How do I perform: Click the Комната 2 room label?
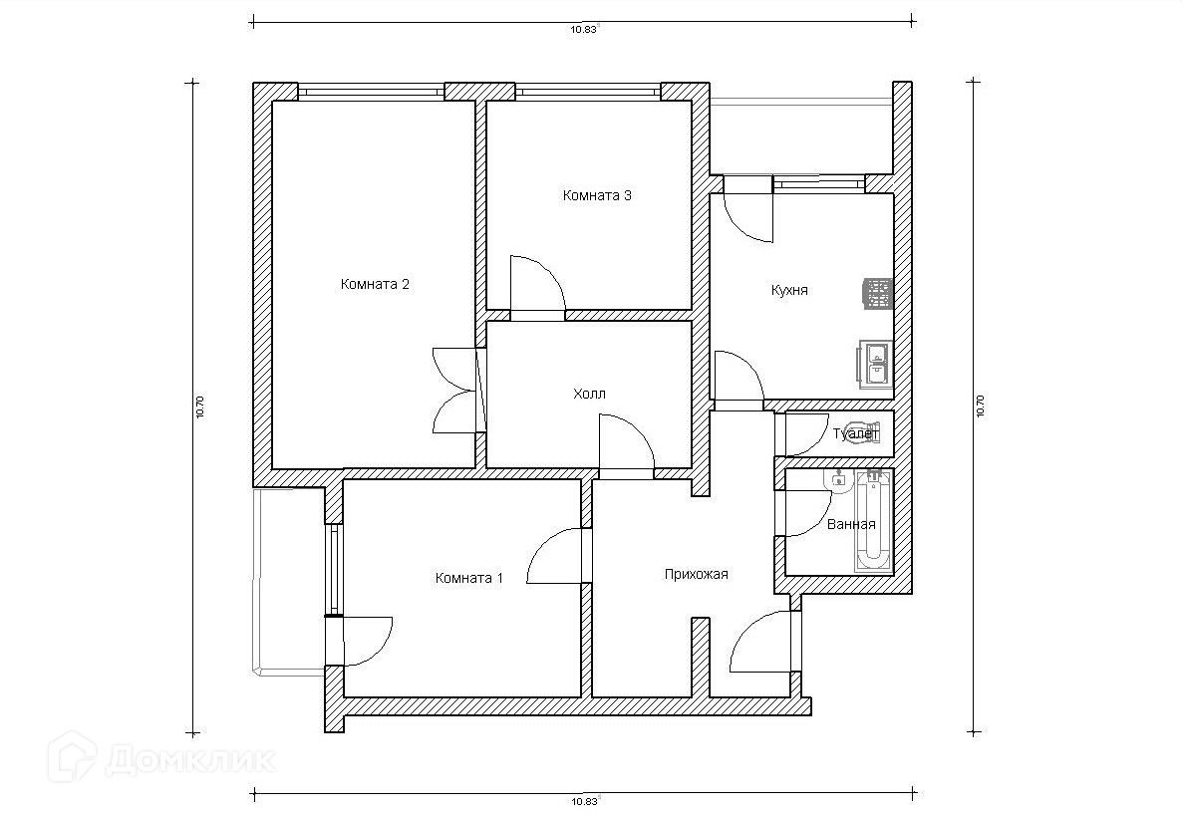[375, 284]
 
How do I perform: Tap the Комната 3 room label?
[597, 195]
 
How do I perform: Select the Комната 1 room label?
[468, 579]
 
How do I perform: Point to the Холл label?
[589, 394]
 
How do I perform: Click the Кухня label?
[789, 290]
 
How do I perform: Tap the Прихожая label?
[697, 575]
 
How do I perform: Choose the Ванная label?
[851, 525]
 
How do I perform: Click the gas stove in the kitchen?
[878, 294]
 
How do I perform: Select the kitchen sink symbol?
[875, 364]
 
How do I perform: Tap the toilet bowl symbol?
[864, 432]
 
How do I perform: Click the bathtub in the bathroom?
[874, 521]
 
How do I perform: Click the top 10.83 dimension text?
[584, 30]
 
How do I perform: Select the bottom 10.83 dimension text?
[584, 802]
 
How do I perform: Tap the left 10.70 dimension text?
[200, 408]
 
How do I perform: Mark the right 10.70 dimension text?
[980, 408]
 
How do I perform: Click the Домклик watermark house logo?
[73, 758]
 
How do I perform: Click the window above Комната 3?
[588, 92]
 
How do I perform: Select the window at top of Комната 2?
[371, 92]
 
